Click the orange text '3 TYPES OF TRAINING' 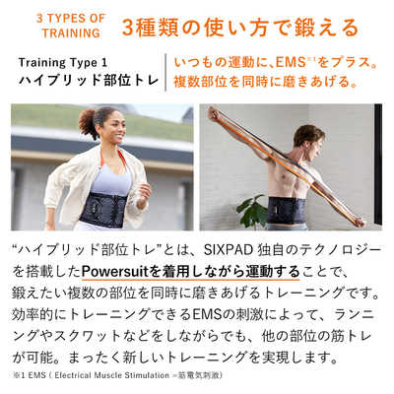[72, 26]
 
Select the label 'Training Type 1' [67, 62]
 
